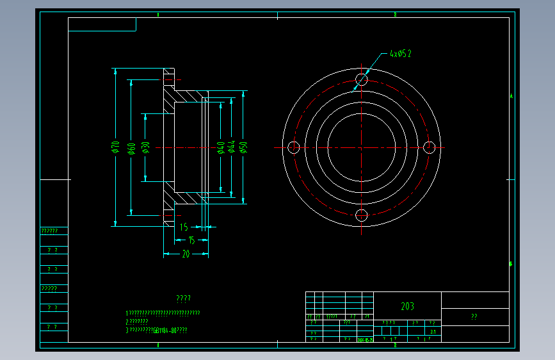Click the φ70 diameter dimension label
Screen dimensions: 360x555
(x=116, y=147)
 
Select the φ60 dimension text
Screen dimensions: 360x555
(x=131, y=148)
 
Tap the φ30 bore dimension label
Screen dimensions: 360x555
(x=146, y=147)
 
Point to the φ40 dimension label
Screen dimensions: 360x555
(x=221, y=147)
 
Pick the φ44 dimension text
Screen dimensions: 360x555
(x=232, y=147)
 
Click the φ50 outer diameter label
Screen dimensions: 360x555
(x=244, y=147)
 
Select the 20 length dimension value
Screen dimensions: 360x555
(x=186, y=254)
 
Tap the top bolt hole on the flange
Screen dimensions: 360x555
(x=362, y=79)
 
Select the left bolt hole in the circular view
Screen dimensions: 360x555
(x=294, y=147)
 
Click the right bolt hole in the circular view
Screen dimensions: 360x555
(x=430, y=147)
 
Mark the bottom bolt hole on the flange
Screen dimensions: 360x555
(x=362, y=215)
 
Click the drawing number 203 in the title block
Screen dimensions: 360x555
(x=407, y=306)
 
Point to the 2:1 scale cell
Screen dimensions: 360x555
(x=433, y=332)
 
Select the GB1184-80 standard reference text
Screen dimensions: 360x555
(x=165, y=331)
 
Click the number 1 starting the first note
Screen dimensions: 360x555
(x=127, y=313)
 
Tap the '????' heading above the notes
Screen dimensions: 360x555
(x=183, y=299)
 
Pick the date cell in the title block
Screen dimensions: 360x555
(x=365, y=340)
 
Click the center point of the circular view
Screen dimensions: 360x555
(x=362, y=147)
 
